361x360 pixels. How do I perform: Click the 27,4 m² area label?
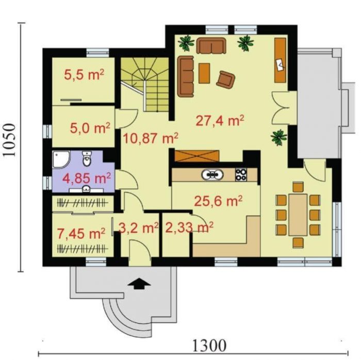pos(220,120)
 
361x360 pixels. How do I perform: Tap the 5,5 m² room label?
pos(84,74)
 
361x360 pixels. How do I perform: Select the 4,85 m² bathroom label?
pos(87,178)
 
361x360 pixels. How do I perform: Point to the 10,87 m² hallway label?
pos(151,138)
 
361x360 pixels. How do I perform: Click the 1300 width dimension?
pos(209,346)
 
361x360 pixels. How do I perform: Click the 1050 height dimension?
pos(9,140)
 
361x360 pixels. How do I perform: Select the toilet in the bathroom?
pos(87,158)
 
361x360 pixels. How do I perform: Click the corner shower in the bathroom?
pos(61,159)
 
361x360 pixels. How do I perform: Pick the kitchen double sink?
pos(212,174)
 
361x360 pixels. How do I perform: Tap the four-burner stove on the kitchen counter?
pos(241,174)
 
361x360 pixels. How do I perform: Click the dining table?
pos(298,215)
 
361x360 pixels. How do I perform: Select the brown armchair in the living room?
pos(226,79)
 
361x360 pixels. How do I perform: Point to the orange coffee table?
pos(204,73)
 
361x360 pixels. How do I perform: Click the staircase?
pos(145,84)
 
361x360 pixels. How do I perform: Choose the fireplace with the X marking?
pos(196,156)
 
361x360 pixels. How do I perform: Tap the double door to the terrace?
pos(281,108)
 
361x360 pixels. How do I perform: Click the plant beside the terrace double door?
pos(279,137)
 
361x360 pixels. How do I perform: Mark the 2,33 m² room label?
pos(189,227)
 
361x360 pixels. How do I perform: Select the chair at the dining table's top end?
pos(298,187)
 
